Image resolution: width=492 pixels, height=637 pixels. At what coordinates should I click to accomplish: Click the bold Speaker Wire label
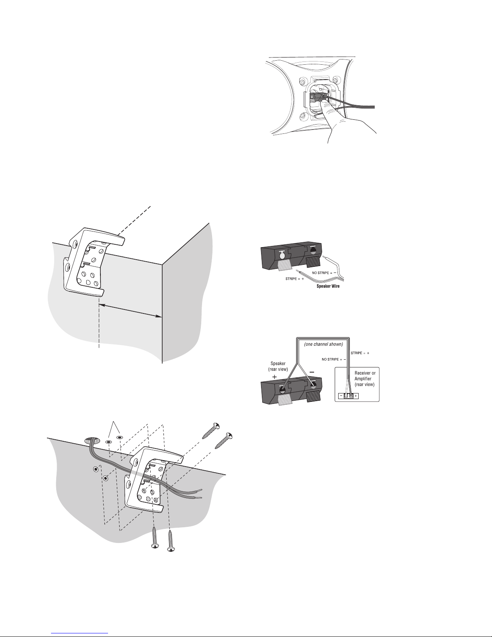[328, 286]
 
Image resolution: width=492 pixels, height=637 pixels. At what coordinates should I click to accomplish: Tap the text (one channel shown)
[324, 344]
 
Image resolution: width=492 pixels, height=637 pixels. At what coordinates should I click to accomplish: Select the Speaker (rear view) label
[278, 366]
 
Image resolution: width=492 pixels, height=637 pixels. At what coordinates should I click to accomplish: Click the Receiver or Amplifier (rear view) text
[365, 379]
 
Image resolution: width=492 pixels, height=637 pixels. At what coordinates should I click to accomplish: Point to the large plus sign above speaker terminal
[274, 377]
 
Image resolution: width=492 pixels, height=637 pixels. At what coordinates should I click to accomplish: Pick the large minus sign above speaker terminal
[312, 372]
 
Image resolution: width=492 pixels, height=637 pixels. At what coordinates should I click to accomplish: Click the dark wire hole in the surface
[92, 440]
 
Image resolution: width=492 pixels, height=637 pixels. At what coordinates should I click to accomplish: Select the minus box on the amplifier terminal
[341, 396]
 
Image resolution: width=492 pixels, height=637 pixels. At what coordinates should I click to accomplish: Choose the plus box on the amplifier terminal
[356, 396]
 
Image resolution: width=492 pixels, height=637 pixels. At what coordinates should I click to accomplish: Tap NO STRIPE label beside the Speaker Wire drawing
[324, 273]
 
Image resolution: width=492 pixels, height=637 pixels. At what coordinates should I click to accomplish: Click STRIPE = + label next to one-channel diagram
[360, 353]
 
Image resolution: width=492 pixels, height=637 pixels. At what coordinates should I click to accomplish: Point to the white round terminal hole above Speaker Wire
[282, 256]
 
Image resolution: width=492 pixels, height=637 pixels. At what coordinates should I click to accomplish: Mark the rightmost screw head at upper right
[228, 436]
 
